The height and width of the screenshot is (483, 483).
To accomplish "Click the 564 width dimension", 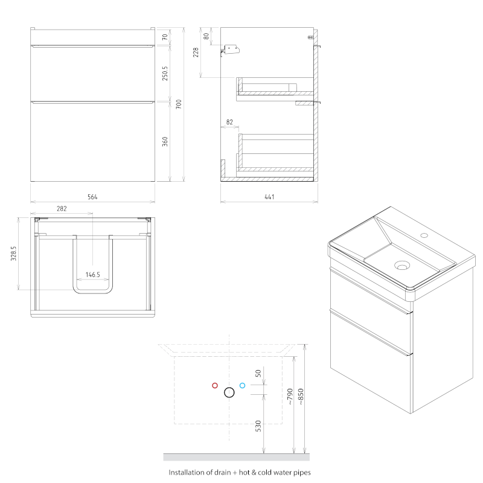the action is pos(92,197).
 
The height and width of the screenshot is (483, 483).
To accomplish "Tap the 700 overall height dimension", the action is pos(179,104).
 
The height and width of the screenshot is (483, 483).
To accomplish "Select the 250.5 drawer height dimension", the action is pos(165,73).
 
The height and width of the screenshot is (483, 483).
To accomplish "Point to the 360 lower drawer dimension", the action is pos(165,141).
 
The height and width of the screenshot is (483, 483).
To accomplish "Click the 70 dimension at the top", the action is pos(165,37).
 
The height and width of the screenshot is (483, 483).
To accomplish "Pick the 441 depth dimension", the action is pos(269,197).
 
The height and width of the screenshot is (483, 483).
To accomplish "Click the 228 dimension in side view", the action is pos(196,53).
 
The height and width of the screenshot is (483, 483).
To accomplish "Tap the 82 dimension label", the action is pos(229,122).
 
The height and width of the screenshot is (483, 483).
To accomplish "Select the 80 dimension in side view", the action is pos(206,36).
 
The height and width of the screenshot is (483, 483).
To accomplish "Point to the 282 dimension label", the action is pos(62,208).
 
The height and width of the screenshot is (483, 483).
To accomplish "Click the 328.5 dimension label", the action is pos(13,254).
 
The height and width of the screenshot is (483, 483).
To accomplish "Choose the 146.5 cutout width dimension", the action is pos(93,275).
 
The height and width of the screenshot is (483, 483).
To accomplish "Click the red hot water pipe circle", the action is pos(215,385).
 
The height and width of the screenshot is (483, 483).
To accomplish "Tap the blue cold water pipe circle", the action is pos(243,385).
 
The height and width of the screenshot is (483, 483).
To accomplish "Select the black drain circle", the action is pos(229,392).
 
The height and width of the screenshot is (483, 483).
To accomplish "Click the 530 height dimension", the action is pos(258,426).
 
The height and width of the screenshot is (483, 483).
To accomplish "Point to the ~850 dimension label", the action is pos(301,397).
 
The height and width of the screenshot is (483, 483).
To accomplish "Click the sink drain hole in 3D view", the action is pos(402,265).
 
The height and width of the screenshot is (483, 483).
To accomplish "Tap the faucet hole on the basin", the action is pos(424,235).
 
